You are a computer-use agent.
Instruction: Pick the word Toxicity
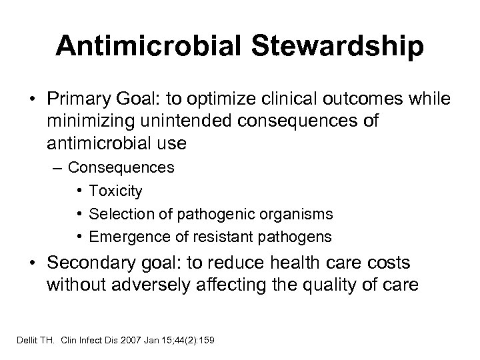115,191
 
